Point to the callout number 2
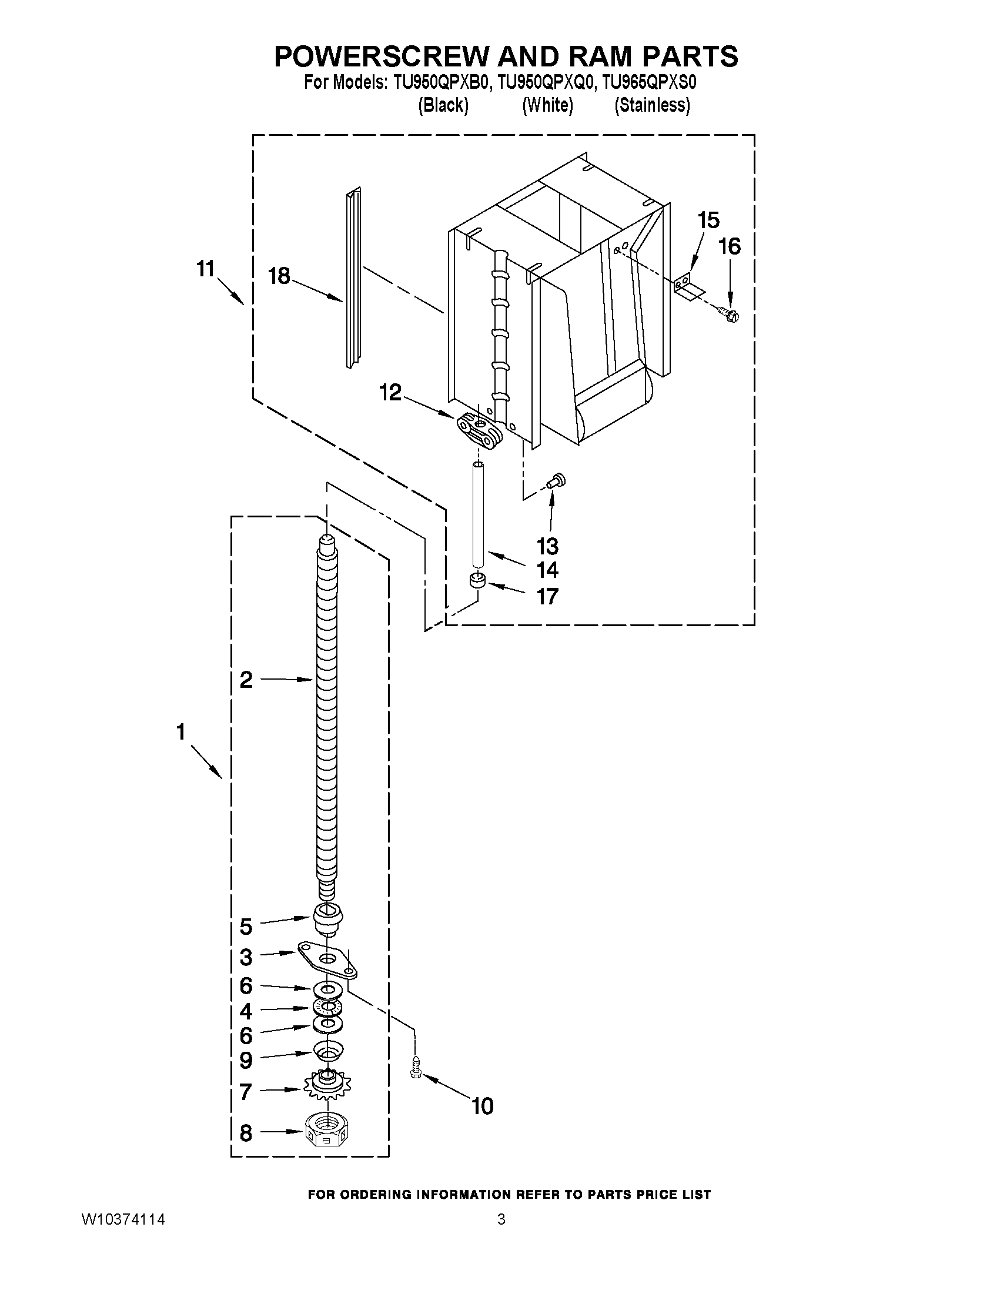click(246, 680)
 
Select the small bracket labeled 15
click(687, 284)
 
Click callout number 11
click(205, 269)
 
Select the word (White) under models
click(547, 105)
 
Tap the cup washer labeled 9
click(327, 1051)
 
